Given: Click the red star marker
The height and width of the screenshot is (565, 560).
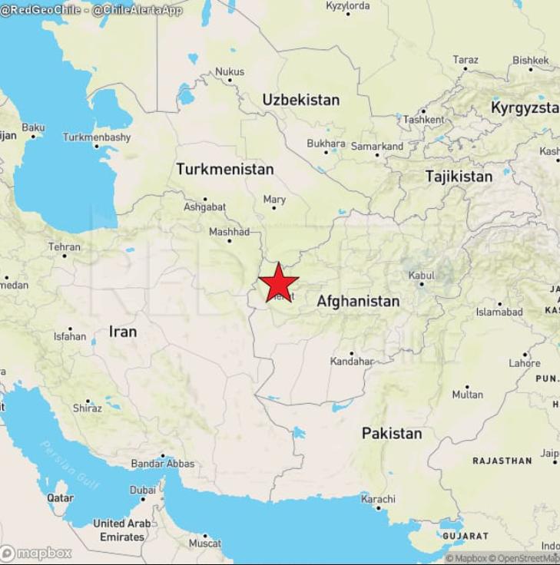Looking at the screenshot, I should [x=279, y=282].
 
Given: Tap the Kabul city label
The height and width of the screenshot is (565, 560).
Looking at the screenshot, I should [x=422, y=275].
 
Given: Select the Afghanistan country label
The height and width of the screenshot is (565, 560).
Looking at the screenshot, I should [x=358, y=302].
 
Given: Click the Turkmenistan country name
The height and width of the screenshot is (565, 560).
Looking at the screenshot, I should [x=224, y=169].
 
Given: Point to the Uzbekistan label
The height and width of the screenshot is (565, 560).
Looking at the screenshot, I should [x=300, y=100].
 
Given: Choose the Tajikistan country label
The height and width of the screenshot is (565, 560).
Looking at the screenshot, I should [x=459, y=177].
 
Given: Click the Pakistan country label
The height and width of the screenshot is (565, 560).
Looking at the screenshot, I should [x=392, y=433].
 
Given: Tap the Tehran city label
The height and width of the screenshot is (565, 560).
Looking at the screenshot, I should [x=64, y=247].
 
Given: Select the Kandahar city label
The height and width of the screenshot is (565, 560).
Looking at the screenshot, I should [x=351, y=361].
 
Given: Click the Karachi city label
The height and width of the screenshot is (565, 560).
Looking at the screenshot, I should [x=378, y=499].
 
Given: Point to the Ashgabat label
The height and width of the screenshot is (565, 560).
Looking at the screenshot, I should [x=204, y=207].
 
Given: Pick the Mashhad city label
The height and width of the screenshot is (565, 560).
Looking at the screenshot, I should [x=229, y=232].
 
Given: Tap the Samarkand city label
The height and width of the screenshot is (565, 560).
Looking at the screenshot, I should [x=376, y=146].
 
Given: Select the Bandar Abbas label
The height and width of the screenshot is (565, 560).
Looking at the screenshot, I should [x=163, y=464].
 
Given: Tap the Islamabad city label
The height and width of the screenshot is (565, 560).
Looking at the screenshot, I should [x=499, y=312].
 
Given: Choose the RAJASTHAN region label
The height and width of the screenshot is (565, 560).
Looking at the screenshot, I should [x=502, y=461].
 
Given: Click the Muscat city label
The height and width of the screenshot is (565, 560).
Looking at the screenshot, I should [x=205, y=544].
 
